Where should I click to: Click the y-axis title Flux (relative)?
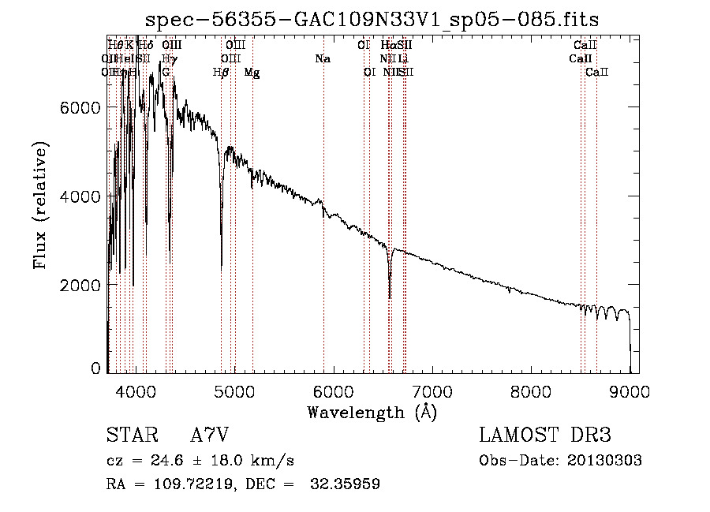pyautogui.click(x=40, y=205)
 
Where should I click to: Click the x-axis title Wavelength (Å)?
pyautogui.click(x=372, y=412)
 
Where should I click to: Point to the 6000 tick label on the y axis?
pyautogui.click(x=80, y=108)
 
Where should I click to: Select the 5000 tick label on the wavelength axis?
pyautogui.click(x=234, y=391)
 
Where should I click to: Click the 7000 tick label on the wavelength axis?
pyautogui.click(x=432, y=391)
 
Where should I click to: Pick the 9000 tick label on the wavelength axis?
pyautogui.click(x=630, y=391)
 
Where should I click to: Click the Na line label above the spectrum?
pyautogui.click(x=322, y=58)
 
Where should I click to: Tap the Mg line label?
pyautogui.click(x=252, y=73)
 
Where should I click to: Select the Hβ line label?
pyautogui.click(x=221, y=73)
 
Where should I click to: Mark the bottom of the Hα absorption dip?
pyautogui.click(x=390, y=298)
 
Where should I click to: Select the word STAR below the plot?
pyautogui.click(x=130, y=435)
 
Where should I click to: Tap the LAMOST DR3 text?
pyautogui.click(x=544, y=435)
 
